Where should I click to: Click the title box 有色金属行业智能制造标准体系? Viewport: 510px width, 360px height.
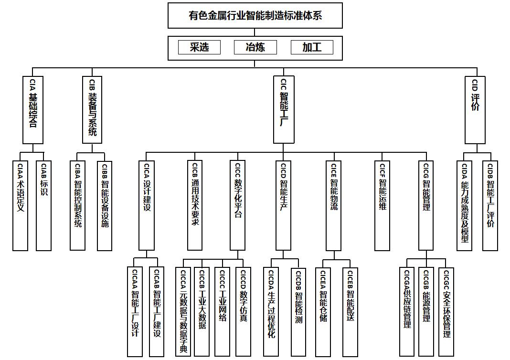coord(255,15)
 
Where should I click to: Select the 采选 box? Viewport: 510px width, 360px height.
coord(200,47)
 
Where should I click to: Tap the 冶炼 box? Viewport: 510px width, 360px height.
coord(255,47)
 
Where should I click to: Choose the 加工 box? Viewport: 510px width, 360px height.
coord(312,47)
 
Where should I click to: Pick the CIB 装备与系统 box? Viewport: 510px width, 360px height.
coord(92,109)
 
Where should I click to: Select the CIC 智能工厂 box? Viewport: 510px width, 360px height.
coord(284,109)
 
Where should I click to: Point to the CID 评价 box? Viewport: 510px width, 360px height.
coord(475,109)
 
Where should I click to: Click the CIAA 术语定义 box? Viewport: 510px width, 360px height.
coord(20,205)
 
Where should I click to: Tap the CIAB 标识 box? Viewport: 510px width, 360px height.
coord(43,205)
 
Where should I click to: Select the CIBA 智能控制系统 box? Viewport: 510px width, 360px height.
coord(77,205)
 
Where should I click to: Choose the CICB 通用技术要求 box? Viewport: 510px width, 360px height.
coord(195,205)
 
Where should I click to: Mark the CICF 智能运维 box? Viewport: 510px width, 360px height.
coord(382,205)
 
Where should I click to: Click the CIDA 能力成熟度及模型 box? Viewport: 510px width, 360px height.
coord(465,205)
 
